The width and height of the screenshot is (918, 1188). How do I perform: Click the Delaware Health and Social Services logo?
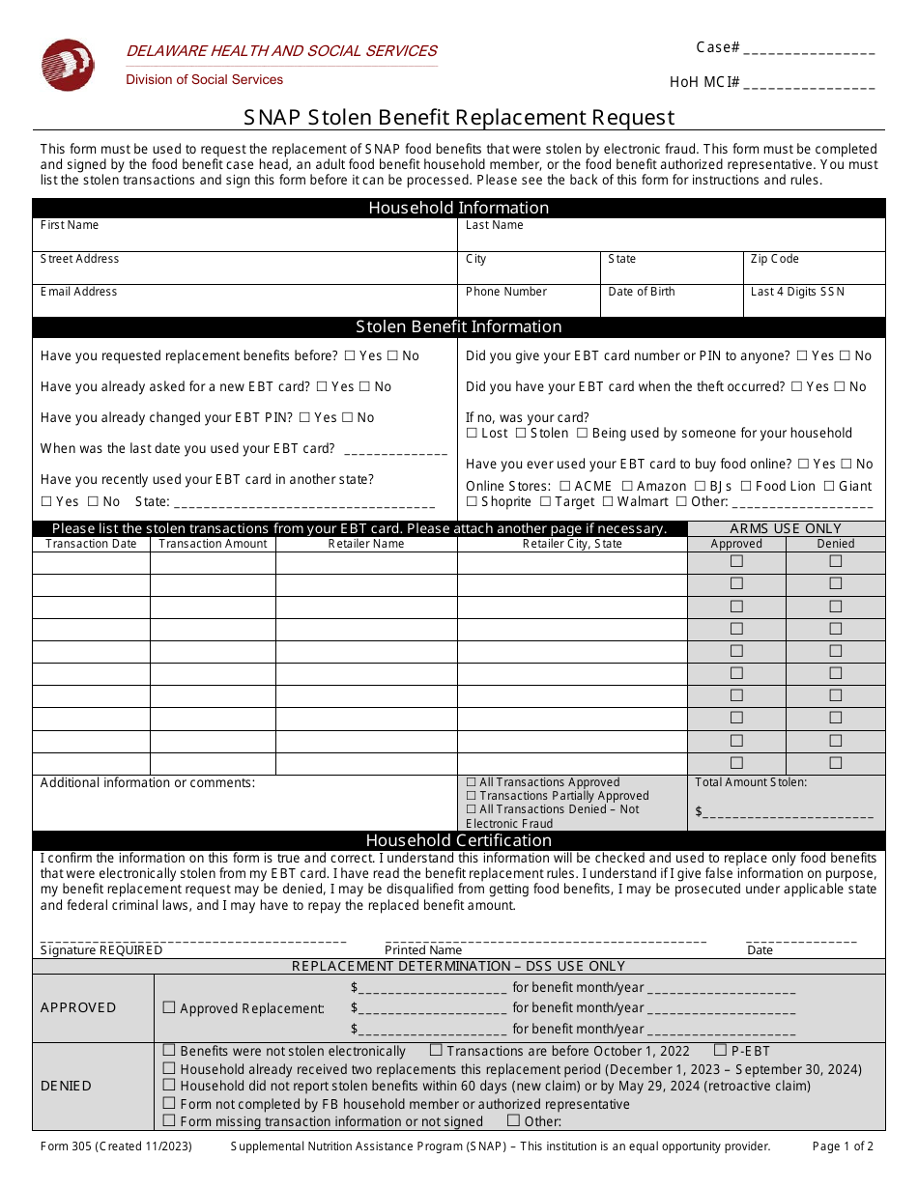click(68, 65)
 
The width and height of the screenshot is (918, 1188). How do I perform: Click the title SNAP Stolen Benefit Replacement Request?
click(459, 118)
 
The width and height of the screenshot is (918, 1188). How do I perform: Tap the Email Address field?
click(244, 302)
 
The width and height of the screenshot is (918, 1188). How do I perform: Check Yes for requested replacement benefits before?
click(350, 356)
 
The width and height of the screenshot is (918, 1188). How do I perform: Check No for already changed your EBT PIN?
click(349, 418)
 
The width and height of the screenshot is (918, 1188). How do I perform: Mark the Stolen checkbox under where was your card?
click(520, 434)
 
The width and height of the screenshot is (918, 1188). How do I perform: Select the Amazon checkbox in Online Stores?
click(628, 487)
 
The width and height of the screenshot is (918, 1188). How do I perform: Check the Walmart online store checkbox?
click(608, 502)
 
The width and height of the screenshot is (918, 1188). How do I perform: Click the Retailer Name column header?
click(366, 544)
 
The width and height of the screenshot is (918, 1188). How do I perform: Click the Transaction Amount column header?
click(213, 544)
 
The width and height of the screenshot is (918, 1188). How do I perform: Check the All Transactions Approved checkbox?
click(472, 782)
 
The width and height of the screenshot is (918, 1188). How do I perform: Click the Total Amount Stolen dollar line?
click(788, 813)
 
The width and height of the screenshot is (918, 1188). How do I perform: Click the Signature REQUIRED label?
click(101, 950)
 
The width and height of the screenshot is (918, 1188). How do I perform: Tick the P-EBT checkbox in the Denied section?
click(721, 1051)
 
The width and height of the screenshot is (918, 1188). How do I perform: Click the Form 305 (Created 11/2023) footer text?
click(116, 1146)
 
